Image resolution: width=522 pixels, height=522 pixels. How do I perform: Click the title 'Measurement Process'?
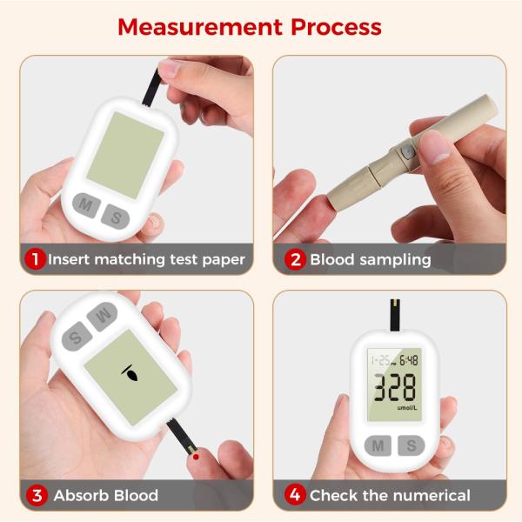click(250, 26)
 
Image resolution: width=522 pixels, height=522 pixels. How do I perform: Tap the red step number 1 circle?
click(35, 259)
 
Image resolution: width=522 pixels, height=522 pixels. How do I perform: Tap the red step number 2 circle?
click(295, 259)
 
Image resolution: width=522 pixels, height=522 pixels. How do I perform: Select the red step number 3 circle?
click(37, 495)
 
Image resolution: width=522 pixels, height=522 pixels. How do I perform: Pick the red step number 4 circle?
click(295, 495)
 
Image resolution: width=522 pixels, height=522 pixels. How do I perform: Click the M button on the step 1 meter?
click(85, 206)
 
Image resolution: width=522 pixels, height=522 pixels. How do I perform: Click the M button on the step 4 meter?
click(378, 445)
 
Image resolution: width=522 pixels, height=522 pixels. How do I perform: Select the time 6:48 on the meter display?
click(408, 359)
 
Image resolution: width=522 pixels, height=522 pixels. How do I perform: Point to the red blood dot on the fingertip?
click(197, 456)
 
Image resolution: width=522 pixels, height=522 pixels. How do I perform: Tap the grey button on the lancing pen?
click(405, 153)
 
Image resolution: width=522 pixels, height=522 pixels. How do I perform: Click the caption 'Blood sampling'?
click(370, 259)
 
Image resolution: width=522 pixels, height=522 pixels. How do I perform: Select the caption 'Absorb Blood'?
click(106, 495)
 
